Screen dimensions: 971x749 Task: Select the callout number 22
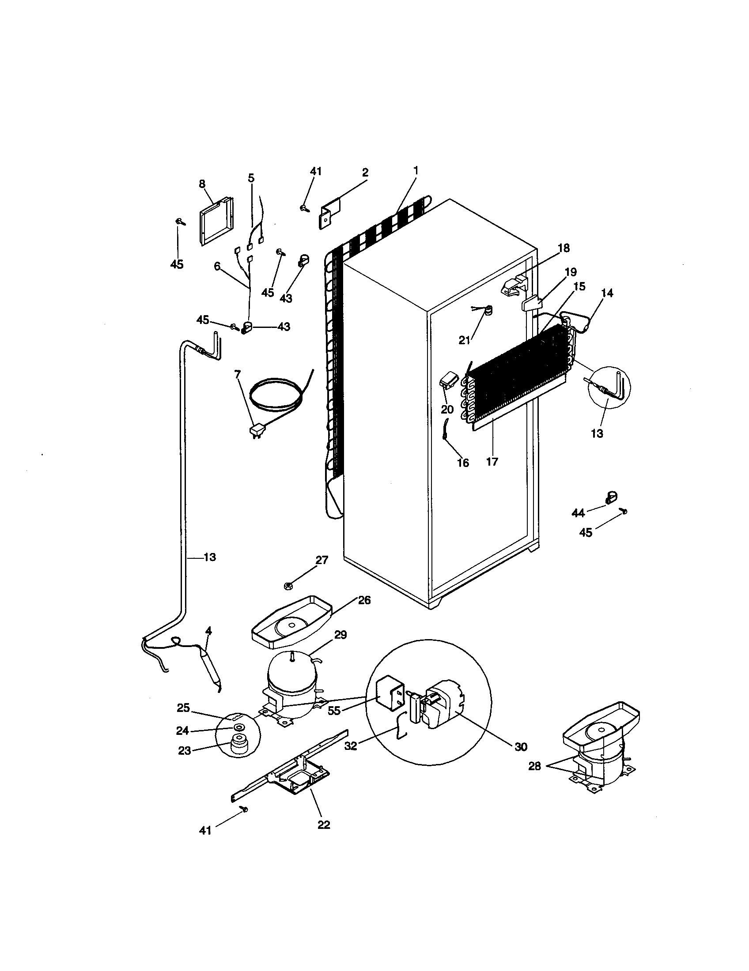tap(324, 825)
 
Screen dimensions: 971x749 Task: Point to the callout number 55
tap(334, 711)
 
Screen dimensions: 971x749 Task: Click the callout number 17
tap(492, 462)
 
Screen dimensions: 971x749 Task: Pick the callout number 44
tap(578, 513)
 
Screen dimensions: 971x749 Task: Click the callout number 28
tap(535, 766)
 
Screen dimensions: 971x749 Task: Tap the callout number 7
tap(237, 374)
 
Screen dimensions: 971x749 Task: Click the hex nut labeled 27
tap(288, 586)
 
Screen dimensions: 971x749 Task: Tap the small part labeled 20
tap(448, 380)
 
